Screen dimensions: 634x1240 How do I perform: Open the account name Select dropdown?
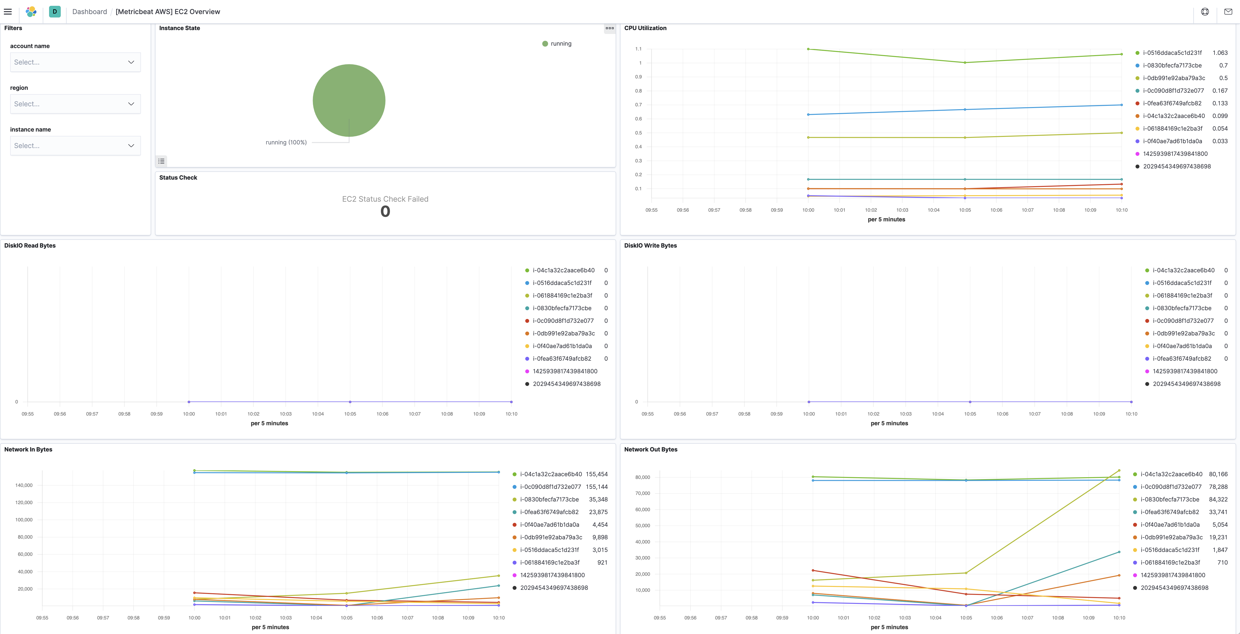tap(75, 62)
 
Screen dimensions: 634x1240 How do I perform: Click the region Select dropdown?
tap(75, 104)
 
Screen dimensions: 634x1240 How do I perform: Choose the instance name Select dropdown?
tap(75, 146)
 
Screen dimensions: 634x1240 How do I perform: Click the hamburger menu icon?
tap(8, 12)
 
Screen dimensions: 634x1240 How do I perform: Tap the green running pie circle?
tap(349, 100)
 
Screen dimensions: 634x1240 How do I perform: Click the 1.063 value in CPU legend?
tap(1220, 53)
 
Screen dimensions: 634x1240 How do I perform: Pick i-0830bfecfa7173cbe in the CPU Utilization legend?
tap(1172, 66)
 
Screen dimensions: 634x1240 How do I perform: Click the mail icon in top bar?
tap(1228, 12)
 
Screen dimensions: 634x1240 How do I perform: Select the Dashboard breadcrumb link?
tap(90, 12)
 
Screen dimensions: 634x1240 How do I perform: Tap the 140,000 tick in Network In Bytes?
tap(24, 485)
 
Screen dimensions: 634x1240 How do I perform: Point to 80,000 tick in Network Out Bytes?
tap(643, 477)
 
